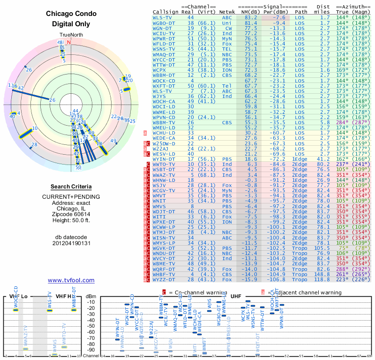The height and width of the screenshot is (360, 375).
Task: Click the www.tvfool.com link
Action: point(71,280)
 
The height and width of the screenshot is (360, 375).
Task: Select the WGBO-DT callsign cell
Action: point(164,22)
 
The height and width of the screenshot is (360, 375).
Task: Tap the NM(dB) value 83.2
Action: point(251,17)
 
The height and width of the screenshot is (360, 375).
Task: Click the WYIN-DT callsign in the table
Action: point(164,159)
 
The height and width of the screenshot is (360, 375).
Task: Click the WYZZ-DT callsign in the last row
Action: point(164,280)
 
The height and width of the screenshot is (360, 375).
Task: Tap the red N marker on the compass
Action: point(69,42)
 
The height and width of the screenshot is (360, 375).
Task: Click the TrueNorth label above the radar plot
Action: point(71,35)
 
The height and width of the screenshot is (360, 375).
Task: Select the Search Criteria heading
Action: point(71,187)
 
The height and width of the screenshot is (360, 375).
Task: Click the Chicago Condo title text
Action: point(71,14)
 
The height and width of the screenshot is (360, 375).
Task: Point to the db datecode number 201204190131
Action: point(71,243)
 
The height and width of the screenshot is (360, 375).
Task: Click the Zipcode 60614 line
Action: point(71,213)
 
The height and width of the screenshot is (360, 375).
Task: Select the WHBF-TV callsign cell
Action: point(164,275)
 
